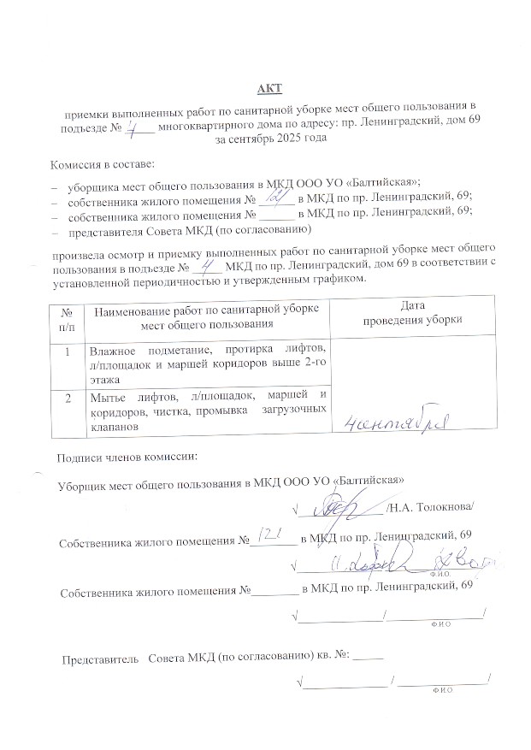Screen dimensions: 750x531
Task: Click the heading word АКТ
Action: click(x=270, y=89)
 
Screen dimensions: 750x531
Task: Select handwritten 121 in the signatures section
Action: click(x=268, y=536)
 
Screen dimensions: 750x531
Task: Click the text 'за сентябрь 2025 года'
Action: click(x=270, y=137)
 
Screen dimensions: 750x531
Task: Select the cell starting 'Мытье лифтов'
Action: click(x=208, y=409)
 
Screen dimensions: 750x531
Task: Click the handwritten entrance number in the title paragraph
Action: click(x=135, y=127)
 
